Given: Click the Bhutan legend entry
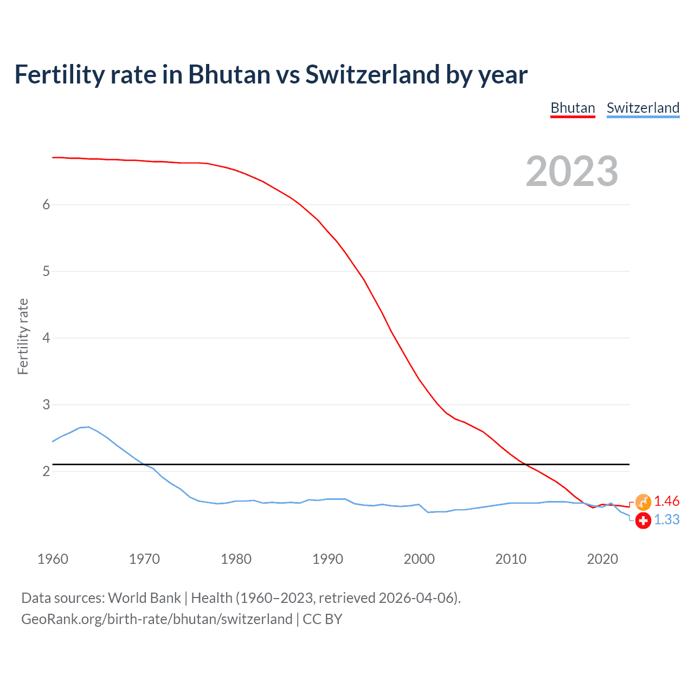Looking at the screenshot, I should (x=573, y=108).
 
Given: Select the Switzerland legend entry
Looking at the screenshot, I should (x=642, y=108).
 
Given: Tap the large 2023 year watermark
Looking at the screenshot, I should (x=572, y=171).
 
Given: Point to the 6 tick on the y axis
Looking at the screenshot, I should (x=46, y=204).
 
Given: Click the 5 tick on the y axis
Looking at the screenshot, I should (x=46, y=271).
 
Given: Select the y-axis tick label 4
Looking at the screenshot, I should (x=46, y=338).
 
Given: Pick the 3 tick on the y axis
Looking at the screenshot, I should (x=46, y=404).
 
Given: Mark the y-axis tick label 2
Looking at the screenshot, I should (x=46, y=471).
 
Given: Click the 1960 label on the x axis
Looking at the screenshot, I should (x=53, y=559).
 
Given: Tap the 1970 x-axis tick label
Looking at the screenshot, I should (x=144, y=559).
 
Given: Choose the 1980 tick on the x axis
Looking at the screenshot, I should (x=236, y=559).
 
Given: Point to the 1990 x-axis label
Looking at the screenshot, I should (x=327, y=559).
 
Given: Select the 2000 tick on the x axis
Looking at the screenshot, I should (x=419, y=559).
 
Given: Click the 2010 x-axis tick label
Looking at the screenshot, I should (x=511, y=559).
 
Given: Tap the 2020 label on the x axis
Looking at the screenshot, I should (x=602, y=559).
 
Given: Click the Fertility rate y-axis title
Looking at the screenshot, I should (x=23, y=336).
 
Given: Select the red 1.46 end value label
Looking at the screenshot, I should (x=666, y=501).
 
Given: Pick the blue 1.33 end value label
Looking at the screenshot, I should (x=666, y=519).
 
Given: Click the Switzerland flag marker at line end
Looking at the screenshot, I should (x=643, y=520).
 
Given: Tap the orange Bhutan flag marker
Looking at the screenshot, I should (x=643, y=502).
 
